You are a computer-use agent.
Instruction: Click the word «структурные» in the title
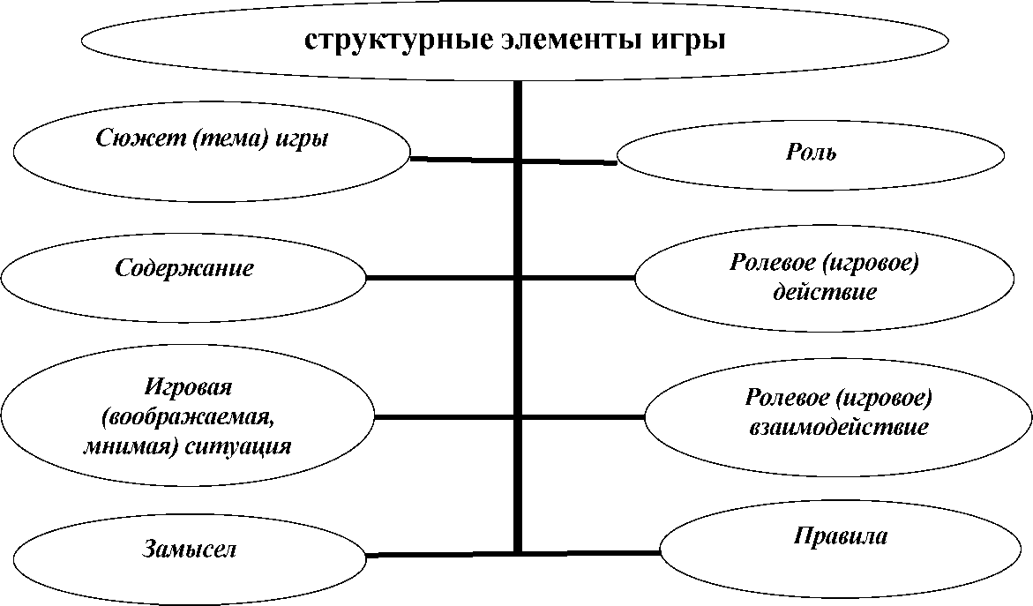point(398,41)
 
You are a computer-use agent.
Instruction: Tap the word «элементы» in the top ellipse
point(572,40)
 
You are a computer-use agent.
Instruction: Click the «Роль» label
point(811,153)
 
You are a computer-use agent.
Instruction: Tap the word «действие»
point(824,291)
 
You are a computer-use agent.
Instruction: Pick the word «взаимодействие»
point(839,426)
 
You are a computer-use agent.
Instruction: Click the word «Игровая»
point(188,386)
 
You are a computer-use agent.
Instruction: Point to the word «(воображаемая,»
point(189,417)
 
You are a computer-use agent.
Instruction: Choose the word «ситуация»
point(238,446)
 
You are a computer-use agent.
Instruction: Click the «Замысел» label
point(189,550)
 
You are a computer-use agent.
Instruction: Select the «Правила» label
point(840,535)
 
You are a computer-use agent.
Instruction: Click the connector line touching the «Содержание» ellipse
point(439,278)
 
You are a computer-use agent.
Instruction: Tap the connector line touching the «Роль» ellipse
point(569,161)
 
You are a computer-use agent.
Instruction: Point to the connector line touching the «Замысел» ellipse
point(439,555)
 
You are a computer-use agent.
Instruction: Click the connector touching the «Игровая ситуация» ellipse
point(444,417)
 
